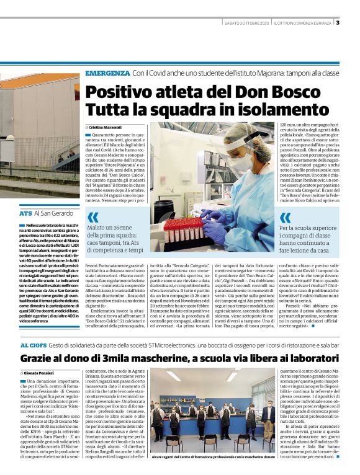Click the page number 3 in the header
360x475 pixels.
[337, 23]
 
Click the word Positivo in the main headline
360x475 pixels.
[123, 92]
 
